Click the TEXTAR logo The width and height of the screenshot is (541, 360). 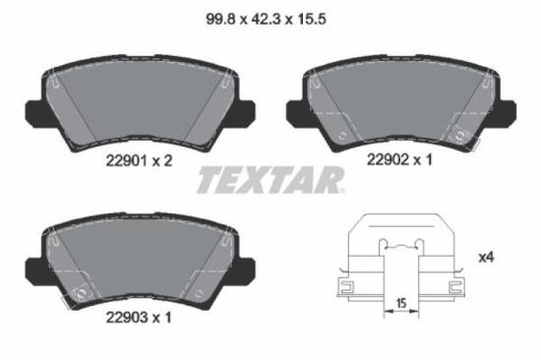[271, 179]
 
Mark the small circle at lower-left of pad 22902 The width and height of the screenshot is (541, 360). [339, 132]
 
